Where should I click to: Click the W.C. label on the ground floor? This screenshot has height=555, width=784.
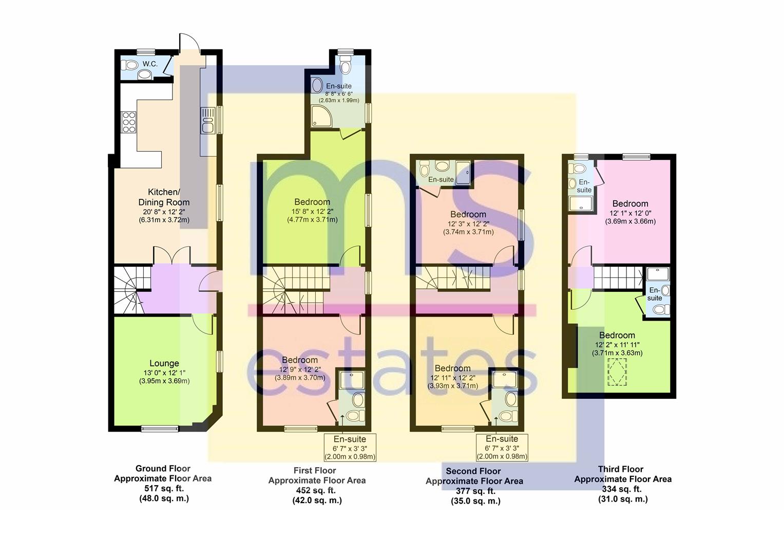150,64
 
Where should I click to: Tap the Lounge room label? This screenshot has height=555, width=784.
164,363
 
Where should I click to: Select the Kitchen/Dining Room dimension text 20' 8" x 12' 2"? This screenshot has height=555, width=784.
164,212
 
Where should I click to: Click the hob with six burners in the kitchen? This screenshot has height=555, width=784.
128,122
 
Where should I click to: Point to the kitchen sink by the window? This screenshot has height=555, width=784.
208,121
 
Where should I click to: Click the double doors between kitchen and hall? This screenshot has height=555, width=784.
172,255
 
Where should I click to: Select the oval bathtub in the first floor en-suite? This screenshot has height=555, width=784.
317,85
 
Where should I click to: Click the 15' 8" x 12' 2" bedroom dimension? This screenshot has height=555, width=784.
312,211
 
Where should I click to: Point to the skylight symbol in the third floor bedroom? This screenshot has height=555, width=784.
617,372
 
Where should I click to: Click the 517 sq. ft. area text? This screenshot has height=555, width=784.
164,488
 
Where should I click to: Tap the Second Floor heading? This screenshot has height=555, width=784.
473,471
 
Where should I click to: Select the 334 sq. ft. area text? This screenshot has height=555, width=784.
622,489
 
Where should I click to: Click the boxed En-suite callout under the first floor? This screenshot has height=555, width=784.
350,448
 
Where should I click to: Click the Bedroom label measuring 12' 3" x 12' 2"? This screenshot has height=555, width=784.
468,214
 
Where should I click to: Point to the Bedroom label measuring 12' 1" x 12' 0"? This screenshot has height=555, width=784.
630,203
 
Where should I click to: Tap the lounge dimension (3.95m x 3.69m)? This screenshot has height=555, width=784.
164,381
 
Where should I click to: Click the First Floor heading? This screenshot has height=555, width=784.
315,470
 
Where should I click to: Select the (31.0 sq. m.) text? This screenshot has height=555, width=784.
623,499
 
